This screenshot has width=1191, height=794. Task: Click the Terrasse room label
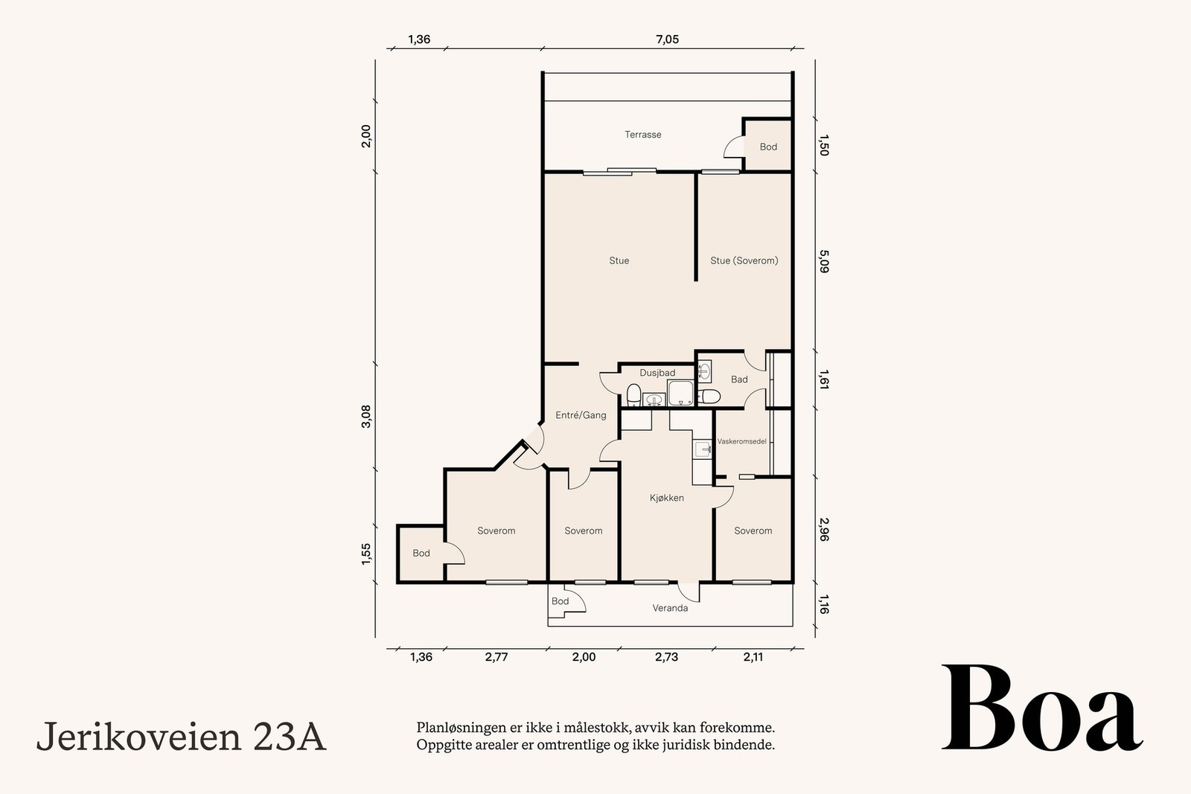tap(643, 135)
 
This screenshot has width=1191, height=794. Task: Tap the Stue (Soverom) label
tap(744, 260)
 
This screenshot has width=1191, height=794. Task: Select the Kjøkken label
tap(667, 498)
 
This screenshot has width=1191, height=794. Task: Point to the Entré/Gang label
tap(581, 415)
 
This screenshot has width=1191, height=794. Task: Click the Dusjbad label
tap(657, 373)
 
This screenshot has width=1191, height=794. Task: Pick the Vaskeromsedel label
tap(741, 441)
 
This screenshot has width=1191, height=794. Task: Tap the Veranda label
tap(670, 608)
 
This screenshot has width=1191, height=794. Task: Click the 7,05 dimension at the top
tap(667, 39)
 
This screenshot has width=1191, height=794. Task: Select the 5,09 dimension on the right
tap(823, 261)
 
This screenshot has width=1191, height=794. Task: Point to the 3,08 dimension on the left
tap(366, 416)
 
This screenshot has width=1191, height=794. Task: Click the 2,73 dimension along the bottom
tap(666, 657)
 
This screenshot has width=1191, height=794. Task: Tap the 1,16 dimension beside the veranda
tap(823, 604)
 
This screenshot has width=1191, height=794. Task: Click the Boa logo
tap(1042, 708)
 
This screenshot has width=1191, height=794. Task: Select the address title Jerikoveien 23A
tap(182, 737)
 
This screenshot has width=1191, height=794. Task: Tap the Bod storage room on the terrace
tap(767, 144)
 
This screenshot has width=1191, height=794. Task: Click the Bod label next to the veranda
tap(561, 601)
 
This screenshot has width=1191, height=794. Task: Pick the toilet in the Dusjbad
tap(633, 395)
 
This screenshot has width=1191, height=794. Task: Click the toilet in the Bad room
tap(709, 397)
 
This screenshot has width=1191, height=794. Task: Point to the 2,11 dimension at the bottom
tap(753, 657)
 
